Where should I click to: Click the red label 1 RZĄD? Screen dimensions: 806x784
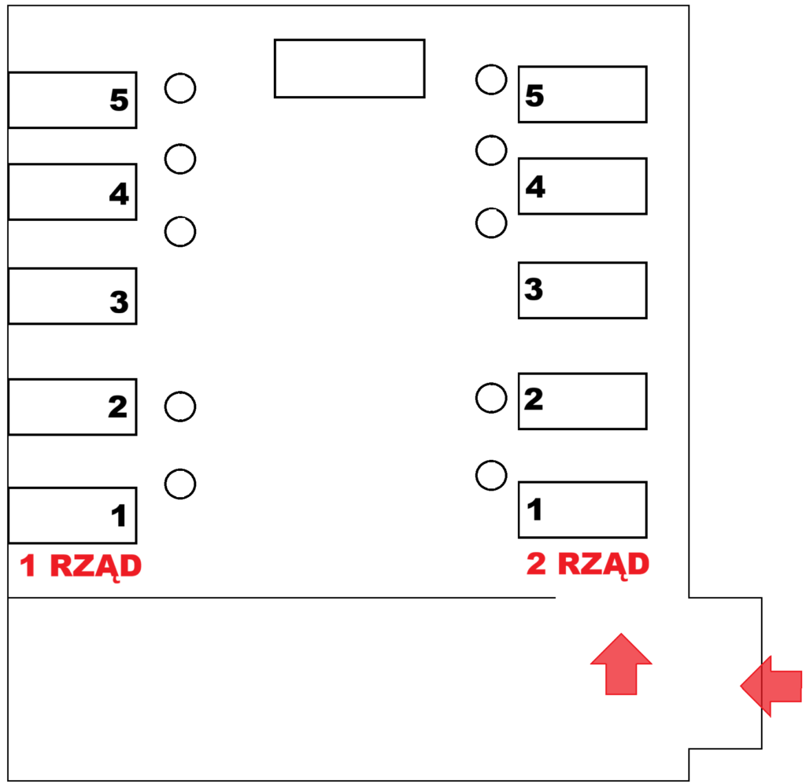pyautogui.click(x=80, y=567)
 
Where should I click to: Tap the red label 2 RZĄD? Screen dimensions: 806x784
pyautogui.click(x=588, y=565)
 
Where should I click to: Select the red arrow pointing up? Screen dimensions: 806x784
pyautogui.click(x=621, y=664)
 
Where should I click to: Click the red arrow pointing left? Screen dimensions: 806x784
pyautogui.click(x=771, y=686)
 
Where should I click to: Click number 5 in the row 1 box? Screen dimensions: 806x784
pyautogui.click(x=119, y=100)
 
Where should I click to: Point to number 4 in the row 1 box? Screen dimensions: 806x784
pyautogui.click(x=119, y=193)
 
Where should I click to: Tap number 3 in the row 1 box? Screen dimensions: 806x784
pyautogui.click(x=119, y=301)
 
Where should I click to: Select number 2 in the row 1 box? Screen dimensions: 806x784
pyautogui.click(x=118, y=407)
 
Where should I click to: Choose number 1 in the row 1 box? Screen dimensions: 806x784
pyautogui.click(x=120, y=516)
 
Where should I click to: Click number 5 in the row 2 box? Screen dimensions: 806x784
pyautogui.click(x=534, y=95)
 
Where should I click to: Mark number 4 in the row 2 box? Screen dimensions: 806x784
pyautogui.click(x=535, y=186)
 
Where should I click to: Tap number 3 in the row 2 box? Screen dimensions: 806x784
pyautogui.click(x=534, y=289)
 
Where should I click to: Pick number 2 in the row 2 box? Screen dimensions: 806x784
pyautogui.click(x=534, y=399)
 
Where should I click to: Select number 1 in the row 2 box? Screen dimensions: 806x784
pyautogui.click(x=534, y=510)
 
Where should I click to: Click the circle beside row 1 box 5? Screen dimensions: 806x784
pyautogui.click(x=180, y=73)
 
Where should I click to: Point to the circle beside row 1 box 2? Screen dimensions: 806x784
pyautogui.click(x=180, y=392)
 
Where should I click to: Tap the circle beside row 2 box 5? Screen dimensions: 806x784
pyautogui.click(x=491, y=65)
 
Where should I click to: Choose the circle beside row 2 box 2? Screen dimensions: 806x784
pyautogui.click(x=491, y=384)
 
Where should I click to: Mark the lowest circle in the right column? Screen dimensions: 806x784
pyautogui.click(x=491, y=461)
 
